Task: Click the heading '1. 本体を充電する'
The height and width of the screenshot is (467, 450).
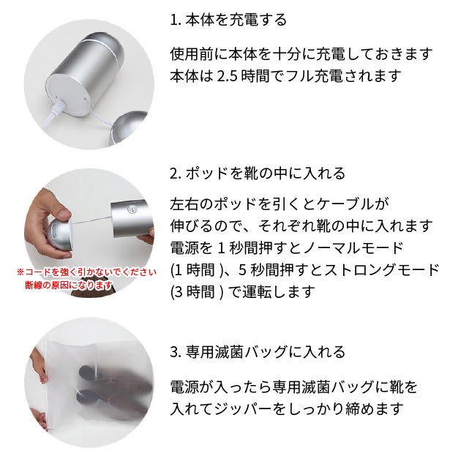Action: pyautogui.click(x=228, y=20)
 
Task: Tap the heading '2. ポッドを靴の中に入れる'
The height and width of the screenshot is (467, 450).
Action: pyautogui.click(x=258, y=173)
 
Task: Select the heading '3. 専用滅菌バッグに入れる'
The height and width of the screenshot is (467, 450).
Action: pyautogui.click(x=258, y=352)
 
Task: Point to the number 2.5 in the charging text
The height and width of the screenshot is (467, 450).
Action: pyautogui.click(x=227, y=76)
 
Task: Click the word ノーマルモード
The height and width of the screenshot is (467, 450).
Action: pyautogui.click(x=353, y=248)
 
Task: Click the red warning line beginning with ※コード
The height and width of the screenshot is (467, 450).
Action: pyautogui.click(x=86, y=272)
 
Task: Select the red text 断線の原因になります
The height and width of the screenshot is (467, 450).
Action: pyautogui.click(x=69, y=285)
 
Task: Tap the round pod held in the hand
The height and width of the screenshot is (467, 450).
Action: pyautogui.click(x=61, y=233)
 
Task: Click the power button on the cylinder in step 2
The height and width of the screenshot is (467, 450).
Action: pyautogui.click(x=130, y=209)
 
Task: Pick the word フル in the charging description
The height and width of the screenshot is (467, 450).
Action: pyautogui.click(x=299, y=76)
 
